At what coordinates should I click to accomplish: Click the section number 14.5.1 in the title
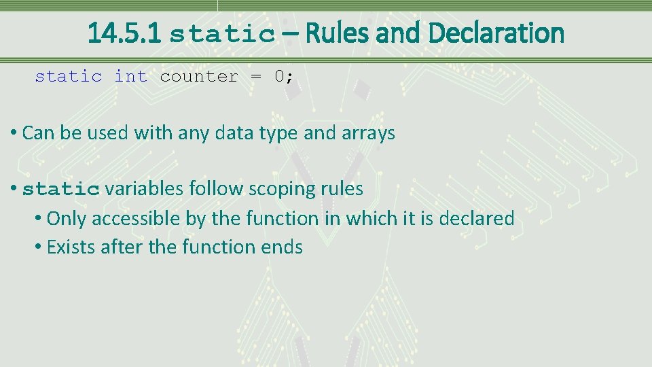point(124,33)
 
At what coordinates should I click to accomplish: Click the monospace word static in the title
point(222,34)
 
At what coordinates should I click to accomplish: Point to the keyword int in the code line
point(130,76)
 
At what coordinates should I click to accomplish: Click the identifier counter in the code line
point(199,76)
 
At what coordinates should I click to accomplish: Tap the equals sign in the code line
point(256,76)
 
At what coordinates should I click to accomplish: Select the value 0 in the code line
point(279,76)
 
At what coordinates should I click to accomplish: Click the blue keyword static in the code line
point(69,76)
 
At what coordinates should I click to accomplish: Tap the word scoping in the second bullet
point(277,188)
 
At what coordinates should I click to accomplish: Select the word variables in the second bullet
point(144,188)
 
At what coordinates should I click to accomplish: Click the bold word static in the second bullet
point(61,189)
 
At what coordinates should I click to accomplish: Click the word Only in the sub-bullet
point(67,218)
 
